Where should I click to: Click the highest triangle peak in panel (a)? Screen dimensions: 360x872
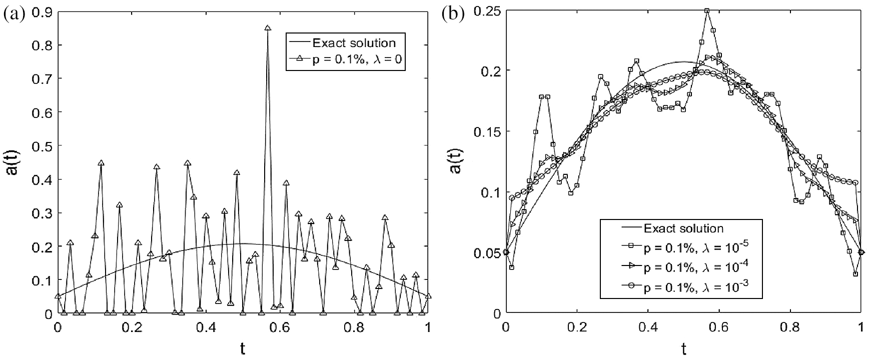tap(268, 28)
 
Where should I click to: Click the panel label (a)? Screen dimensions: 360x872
tap(14, 13)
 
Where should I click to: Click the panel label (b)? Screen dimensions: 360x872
tap(452, 13)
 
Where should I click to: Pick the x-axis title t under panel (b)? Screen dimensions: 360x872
tap(683, 349)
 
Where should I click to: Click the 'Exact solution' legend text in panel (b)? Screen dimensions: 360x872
tap(683, 228)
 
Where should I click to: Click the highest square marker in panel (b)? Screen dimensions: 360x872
tap(707, 10)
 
